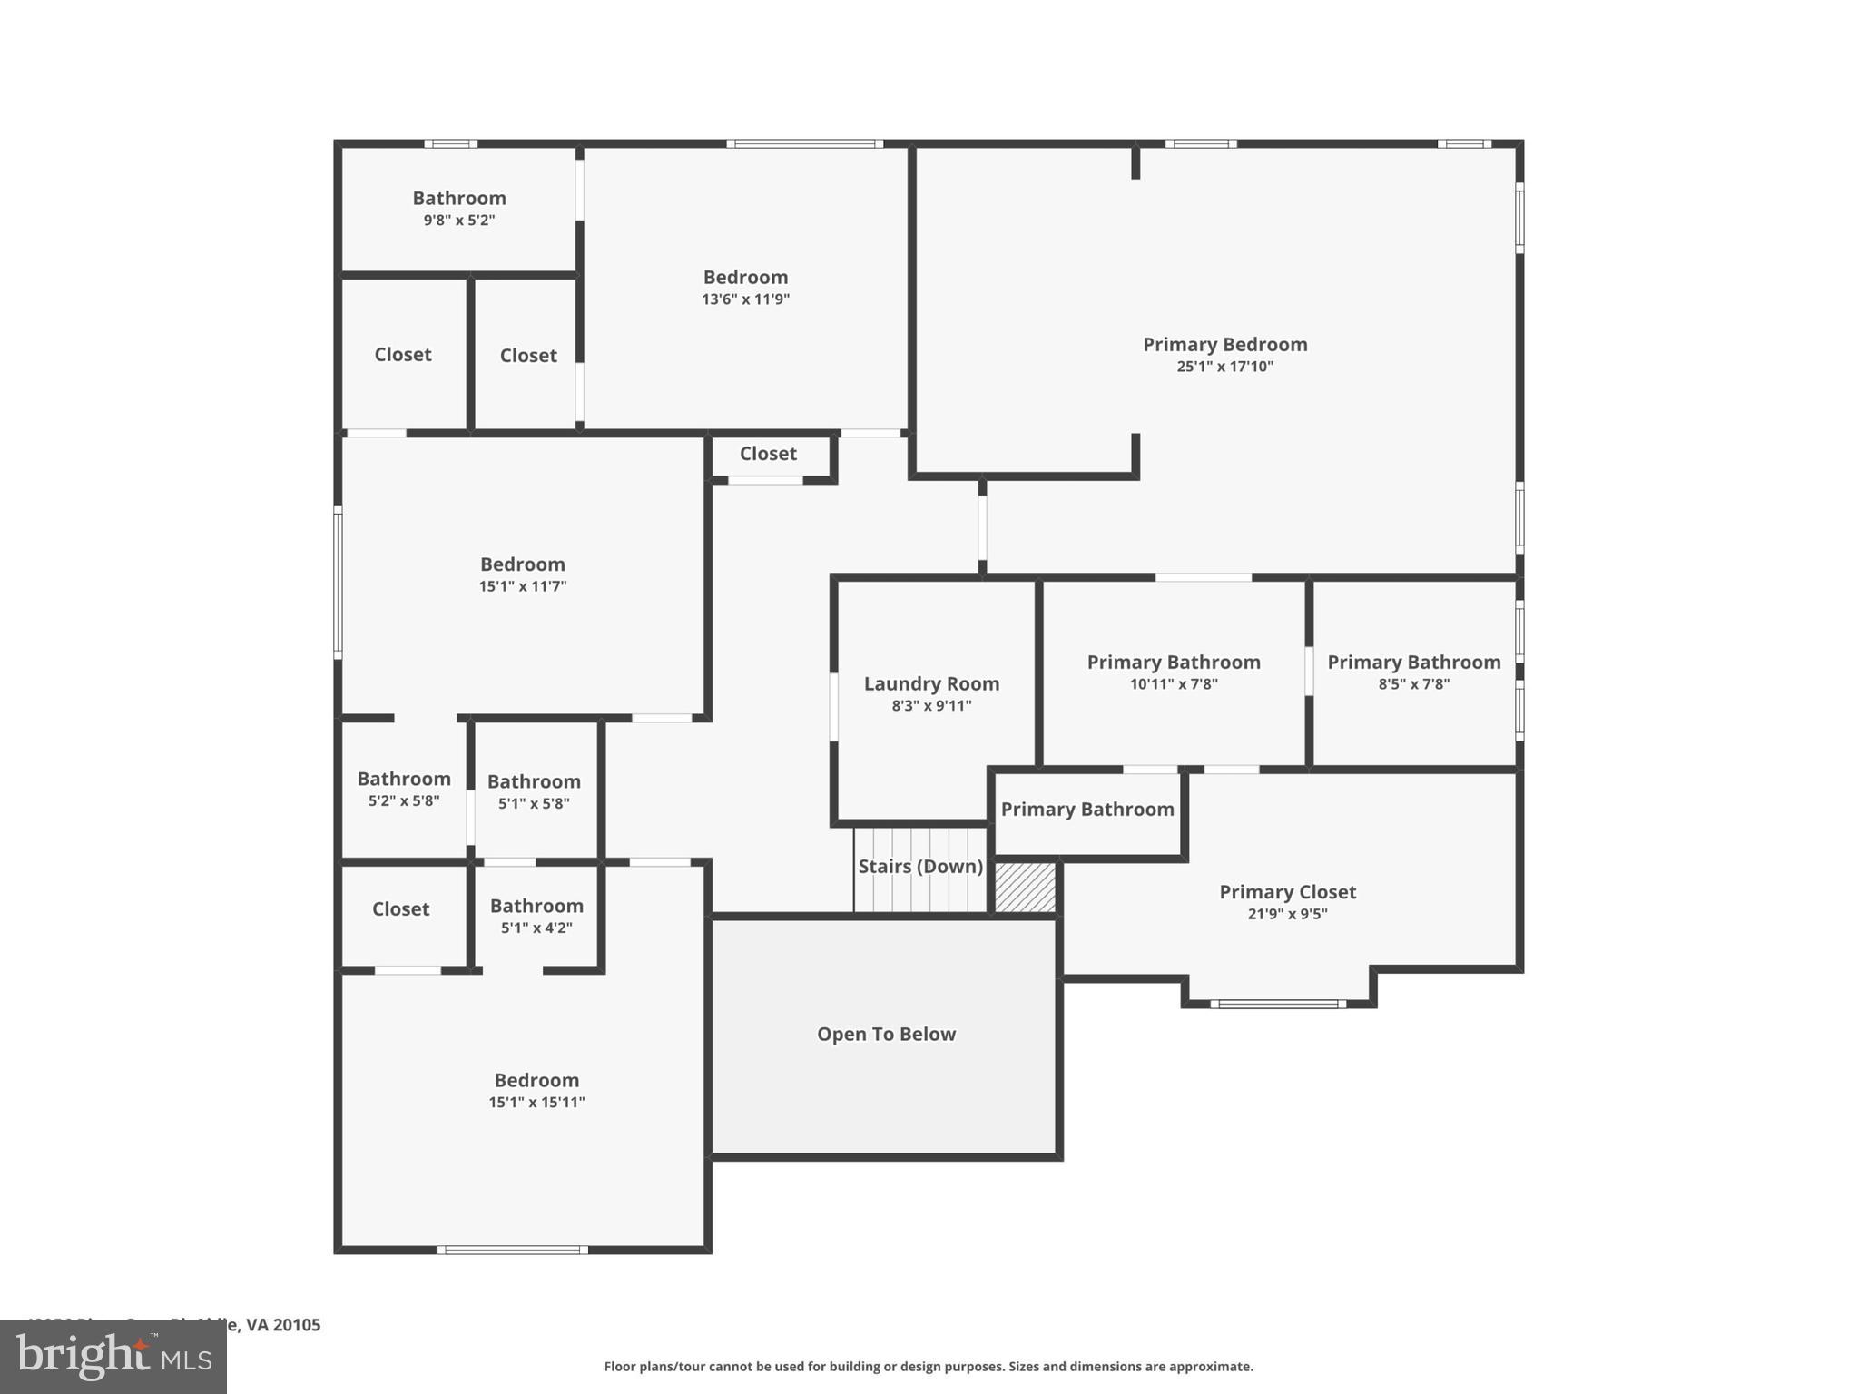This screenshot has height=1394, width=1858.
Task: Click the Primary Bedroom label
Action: (1224, 345)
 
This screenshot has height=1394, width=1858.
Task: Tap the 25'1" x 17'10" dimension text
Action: (1224, 367)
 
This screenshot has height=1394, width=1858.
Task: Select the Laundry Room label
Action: (931, 684)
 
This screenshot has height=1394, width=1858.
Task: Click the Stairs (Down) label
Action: (920, 867)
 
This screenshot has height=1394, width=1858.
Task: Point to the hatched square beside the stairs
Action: (1026, 888)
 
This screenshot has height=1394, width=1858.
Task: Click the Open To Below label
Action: (886, 1035)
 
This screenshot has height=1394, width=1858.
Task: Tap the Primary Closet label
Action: (1287, 892)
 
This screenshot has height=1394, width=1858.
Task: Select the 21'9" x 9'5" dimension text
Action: (1287, 914)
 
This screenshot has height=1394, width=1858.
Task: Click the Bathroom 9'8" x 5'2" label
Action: (459, 199)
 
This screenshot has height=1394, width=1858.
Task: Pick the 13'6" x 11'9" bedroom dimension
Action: (745, 299)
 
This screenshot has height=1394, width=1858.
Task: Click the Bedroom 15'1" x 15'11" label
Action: (536, 1081)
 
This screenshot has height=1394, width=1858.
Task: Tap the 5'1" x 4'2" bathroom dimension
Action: (536, 928)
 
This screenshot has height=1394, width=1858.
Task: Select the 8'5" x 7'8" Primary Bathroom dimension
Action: (1413, 684)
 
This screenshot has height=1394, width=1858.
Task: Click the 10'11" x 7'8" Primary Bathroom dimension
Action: (1174, 684)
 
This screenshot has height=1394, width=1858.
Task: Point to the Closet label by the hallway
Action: (768, 454)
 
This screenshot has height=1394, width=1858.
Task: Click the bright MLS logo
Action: (113, 1356)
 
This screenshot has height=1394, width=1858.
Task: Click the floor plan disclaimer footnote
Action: (928, 1367)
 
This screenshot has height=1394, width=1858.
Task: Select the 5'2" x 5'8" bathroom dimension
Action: (404, 801)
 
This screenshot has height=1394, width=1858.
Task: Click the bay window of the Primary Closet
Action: (1278, 1004)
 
